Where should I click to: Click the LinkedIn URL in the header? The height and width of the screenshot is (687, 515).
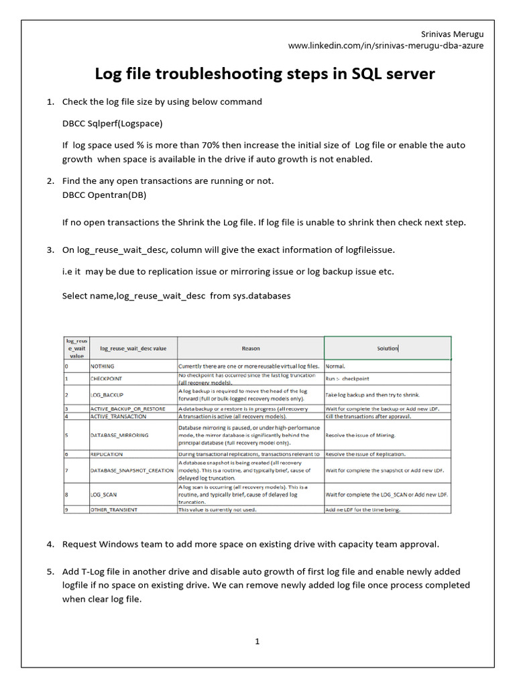386,46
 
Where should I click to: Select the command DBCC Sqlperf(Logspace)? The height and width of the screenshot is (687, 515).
112,123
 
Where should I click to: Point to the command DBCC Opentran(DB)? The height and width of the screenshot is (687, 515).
104,195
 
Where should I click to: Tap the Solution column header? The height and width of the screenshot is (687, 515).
387,348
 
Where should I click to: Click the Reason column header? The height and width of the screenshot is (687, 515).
250,348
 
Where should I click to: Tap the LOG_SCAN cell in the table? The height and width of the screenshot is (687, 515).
104,494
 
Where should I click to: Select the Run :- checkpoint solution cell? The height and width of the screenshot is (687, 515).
347,379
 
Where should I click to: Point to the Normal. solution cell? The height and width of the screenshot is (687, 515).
335,367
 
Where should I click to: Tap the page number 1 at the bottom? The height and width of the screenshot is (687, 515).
257,641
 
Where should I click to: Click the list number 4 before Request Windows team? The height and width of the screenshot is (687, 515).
50,544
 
